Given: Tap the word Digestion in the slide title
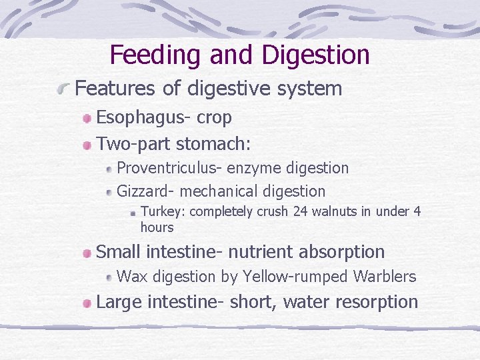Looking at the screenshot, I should [315, 55].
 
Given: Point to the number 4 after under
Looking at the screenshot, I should [417, 212].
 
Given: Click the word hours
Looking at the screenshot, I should [157, 227].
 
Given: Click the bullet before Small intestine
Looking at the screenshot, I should [87, 253].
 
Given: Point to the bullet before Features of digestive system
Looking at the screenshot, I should [65, 89].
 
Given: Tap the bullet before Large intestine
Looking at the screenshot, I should [87, 303].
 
